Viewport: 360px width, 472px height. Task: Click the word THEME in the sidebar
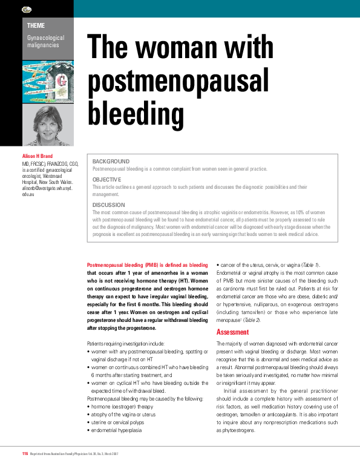coord(36,25)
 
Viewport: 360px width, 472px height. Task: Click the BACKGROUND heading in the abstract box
coord(111,162)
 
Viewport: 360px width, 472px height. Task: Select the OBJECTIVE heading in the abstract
coord(106,180)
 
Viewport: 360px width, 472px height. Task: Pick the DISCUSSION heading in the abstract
coord(109,205)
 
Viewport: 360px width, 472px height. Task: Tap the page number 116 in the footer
coord(25,453)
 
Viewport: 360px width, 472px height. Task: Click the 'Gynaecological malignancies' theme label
coord(45,42)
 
